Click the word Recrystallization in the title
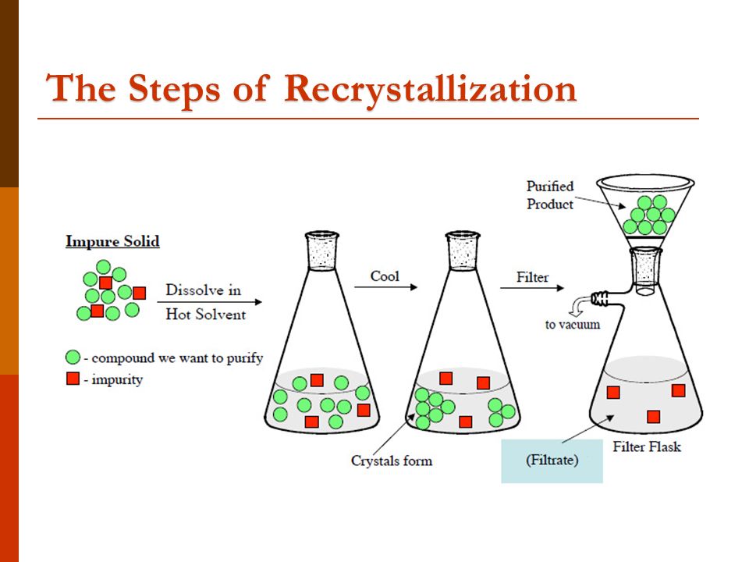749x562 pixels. tap(430, 88)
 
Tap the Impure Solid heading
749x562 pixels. tap(112, 241)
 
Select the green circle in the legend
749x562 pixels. tap(73, 358)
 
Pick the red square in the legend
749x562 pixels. tap(73, 379)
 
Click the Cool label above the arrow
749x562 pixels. tap(385, 276)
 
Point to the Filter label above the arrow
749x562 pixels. tap(531, 277)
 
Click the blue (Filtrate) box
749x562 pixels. tap(552, 461)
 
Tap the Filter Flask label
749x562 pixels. tap(647, 447)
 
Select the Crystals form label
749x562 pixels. tap(391, 461)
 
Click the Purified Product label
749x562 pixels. tap(550, 195)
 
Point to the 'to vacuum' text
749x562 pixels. tap(572, 324)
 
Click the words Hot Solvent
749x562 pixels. tap(205, 315)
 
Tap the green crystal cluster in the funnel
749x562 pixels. tap(648, 215)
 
